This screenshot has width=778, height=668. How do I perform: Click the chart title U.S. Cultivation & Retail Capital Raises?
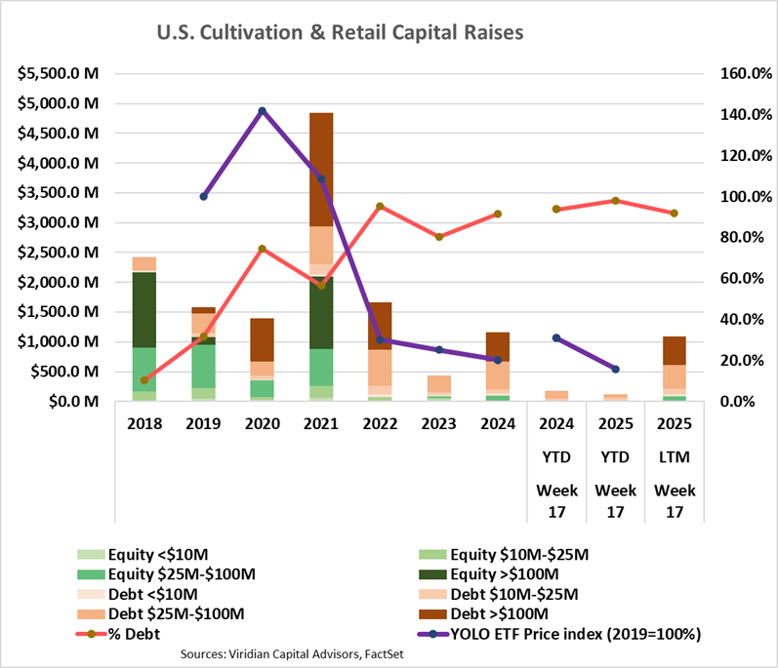tap(340, 33)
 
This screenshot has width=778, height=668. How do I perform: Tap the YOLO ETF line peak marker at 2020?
tap(262, 111)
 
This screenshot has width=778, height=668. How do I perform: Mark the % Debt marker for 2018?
tap(143, 380)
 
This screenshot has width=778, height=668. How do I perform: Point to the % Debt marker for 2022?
tap(380, 206)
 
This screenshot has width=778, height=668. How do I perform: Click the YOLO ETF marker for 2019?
tap(203, 196)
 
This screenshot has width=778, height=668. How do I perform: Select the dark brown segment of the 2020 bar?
tap(262, 339)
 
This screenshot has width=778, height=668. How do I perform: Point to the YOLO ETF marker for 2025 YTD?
tap(615, 369)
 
